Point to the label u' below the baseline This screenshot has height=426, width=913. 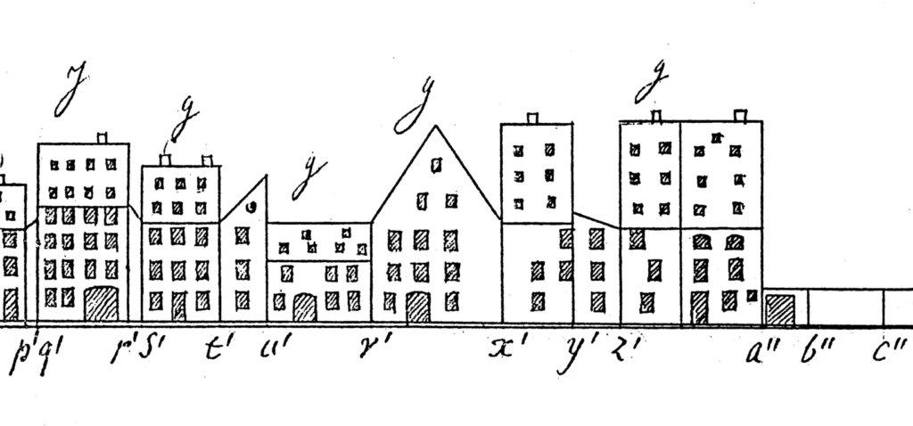pyautogui.click(x=268, y=349)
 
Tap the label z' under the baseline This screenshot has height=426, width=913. pyautogui.click(x=618, y=348)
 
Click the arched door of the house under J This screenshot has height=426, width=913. pyautogui.click(x=101, y=304)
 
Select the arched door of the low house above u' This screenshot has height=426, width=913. pyautogui.click(x=305, y=307)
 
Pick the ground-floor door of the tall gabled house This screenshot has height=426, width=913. pyautogui.click(x=417, y=307)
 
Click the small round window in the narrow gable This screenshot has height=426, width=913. pyautogui.click(x=253, y=207)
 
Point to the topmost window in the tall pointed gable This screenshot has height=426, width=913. pyautogui.click(x=436, y=164)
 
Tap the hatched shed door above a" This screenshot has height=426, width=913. pyautogui.click(x=780, y=309)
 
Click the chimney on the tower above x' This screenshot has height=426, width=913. pyautogui.click(x=533, y=118)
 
